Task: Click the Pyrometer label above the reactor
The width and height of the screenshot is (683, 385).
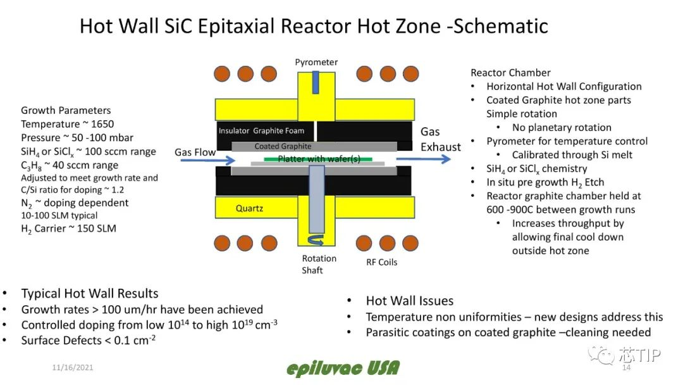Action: tap(316, 62)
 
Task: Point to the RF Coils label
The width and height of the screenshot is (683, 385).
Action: tap(382, 262)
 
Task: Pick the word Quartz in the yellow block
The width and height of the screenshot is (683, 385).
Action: tap(250, 208)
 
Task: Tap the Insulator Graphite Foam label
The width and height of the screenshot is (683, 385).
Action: tap(261, 131)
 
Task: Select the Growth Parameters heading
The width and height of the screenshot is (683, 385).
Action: tap(66, 110)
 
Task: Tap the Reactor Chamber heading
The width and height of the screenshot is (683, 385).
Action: tap(510, 73)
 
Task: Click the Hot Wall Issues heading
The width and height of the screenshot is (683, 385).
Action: tap(409, 301)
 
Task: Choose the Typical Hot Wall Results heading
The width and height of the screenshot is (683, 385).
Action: tap(90, 293)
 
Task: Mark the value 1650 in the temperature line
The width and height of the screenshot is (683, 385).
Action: tap(101, 124)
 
